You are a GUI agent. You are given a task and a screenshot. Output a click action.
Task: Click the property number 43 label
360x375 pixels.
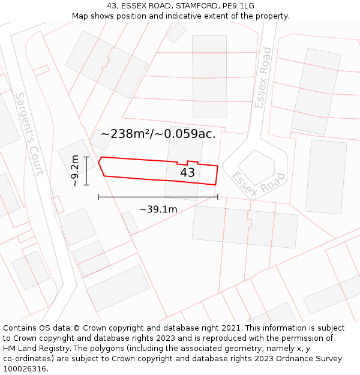pos(187,173)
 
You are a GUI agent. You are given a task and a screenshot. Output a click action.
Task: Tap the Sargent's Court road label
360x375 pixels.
pos(29,134)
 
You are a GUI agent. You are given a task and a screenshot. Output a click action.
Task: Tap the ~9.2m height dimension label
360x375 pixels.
pos(75,171)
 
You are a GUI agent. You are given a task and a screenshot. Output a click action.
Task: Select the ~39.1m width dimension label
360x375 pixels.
pos(158,209)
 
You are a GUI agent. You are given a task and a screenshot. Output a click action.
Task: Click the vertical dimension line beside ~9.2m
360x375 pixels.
pos(86,171)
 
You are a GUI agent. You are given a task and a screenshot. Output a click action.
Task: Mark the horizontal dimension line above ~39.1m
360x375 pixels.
pos(158,196)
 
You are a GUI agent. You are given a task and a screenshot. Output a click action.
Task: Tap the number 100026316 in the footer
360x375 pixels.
pos(25,369)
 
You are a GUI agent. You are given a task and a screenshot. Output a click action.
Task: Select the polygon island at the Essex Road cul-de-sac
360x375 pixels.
pos(256,167)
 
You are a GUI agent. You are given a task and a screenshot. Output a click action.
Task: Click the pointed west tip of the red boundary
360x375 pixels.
pos(99,158)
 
